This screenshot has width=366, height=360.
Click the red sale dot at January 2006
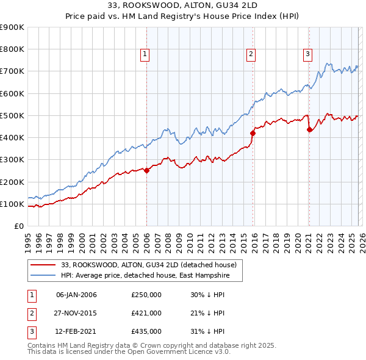[146, 171]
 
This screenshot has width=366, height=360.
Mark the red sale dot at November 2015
[253, 132]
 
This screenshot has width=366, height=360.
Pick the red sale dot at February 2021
[309, 129]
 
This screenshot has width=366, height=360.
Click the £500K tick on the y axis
[12, 115]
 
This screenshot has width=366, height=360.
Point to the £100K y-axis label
[12, 204]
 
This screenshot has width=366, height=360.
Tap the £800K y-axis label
[12, 49]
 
